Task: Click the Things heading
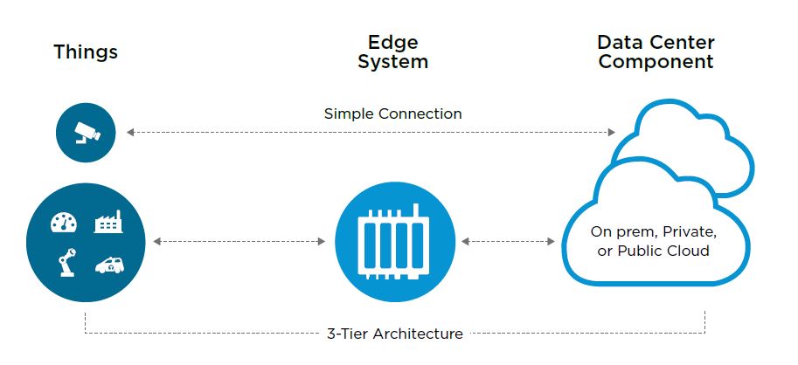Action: [86, 52]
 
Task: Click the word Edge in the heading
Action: [392, 42]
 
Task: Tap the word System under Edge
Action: [392, 62]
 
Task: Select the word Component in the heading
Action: [656, 62]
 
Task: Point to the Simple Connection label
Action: [392, 114]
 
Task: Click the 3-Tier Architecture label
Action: [394, 334]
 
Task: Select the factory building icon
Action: [108, 223]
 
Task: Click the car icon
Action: [108, 265]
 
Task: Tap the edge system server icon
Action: [394, 241]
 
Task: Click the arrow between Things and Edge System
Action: [242, 240]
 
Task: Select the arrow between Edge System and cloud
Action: [508, 240]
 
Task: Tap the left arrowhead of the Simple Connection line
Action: [130, 132]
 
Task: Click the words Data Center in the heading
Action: [656, 42]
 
